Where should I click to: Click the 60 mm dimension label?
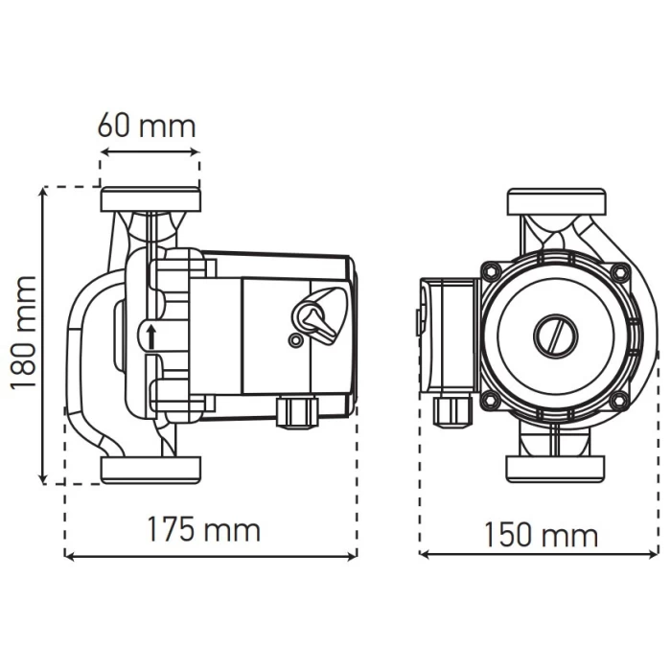point(147,126)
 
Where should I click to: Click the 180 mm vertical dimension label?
point(24,333)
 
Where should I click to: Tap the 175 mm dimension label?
point(203,529)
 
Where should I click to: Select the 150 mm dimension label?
point(541,534)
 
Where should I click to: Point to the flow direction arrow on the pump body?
point(151,337)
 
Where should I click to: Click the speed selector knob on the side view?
point(319,312)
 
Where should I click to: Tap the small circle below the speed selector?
point(295,340)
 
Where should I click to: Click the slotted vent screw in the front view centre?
point(556,335)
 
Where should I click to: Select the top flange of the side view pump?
point(150,199)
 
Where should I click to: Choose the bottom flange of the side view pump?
point(150,470)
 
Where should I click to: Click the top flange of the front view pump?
point(556,201)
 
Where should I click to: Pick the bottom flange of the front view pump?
point(555,469)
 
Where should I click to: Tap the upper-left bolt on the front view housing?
point(491,270)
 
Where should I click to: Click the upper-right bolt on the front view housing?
point(619,271)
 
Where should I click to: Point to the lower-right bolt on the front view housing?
point(619,400)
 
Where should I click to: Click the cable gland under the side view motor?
point(297,411)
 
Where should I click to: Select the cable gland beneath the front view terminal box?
point(452,410)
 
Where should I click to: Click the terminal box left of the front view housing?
point(449,335)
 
